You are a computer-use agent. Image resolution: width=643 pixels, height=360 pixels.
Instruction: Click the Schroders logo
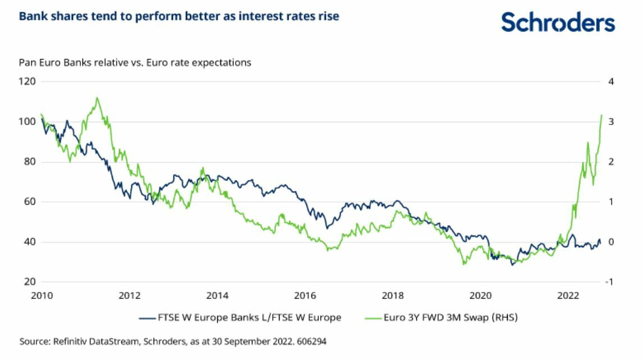click(x=558, y=22)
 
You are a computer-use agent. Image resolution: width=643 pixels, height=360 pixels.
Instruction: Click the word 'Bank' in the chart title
click(x=31, y=16)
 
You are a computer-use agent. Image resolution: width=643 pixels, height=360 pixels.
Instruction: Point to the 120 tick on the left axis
click(x=28, y=81)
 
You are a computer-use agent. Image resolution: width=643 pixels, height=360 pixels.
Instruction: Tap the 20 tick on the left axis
click(x=30, y=282)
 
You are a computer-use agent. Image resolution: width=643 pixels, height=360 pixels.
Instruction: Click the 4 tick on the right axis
click(x=612, y=81)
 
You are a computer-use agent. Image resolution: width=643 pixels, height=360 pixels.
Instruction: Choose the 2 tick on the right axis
click(x=612, y=162)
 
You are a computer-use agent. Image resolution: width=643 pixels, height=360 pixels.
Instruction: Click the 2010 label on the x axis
click(x=42, y=296)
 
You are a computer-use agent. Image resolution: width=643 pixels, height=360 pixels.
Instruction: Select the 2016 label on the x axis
click(x=305, y=296)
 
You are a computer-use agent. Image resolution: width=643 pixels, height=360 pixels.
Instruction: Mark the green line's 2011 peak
click(x=98, y=98)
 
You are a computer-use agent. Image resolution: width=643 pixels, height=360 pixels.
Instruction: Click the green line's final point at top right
click(x=601, y=116)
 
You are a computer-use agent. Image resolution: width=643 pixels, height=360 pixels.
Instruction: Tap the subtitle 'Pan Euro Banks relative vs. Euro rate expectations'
click(x=135, y=62)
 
